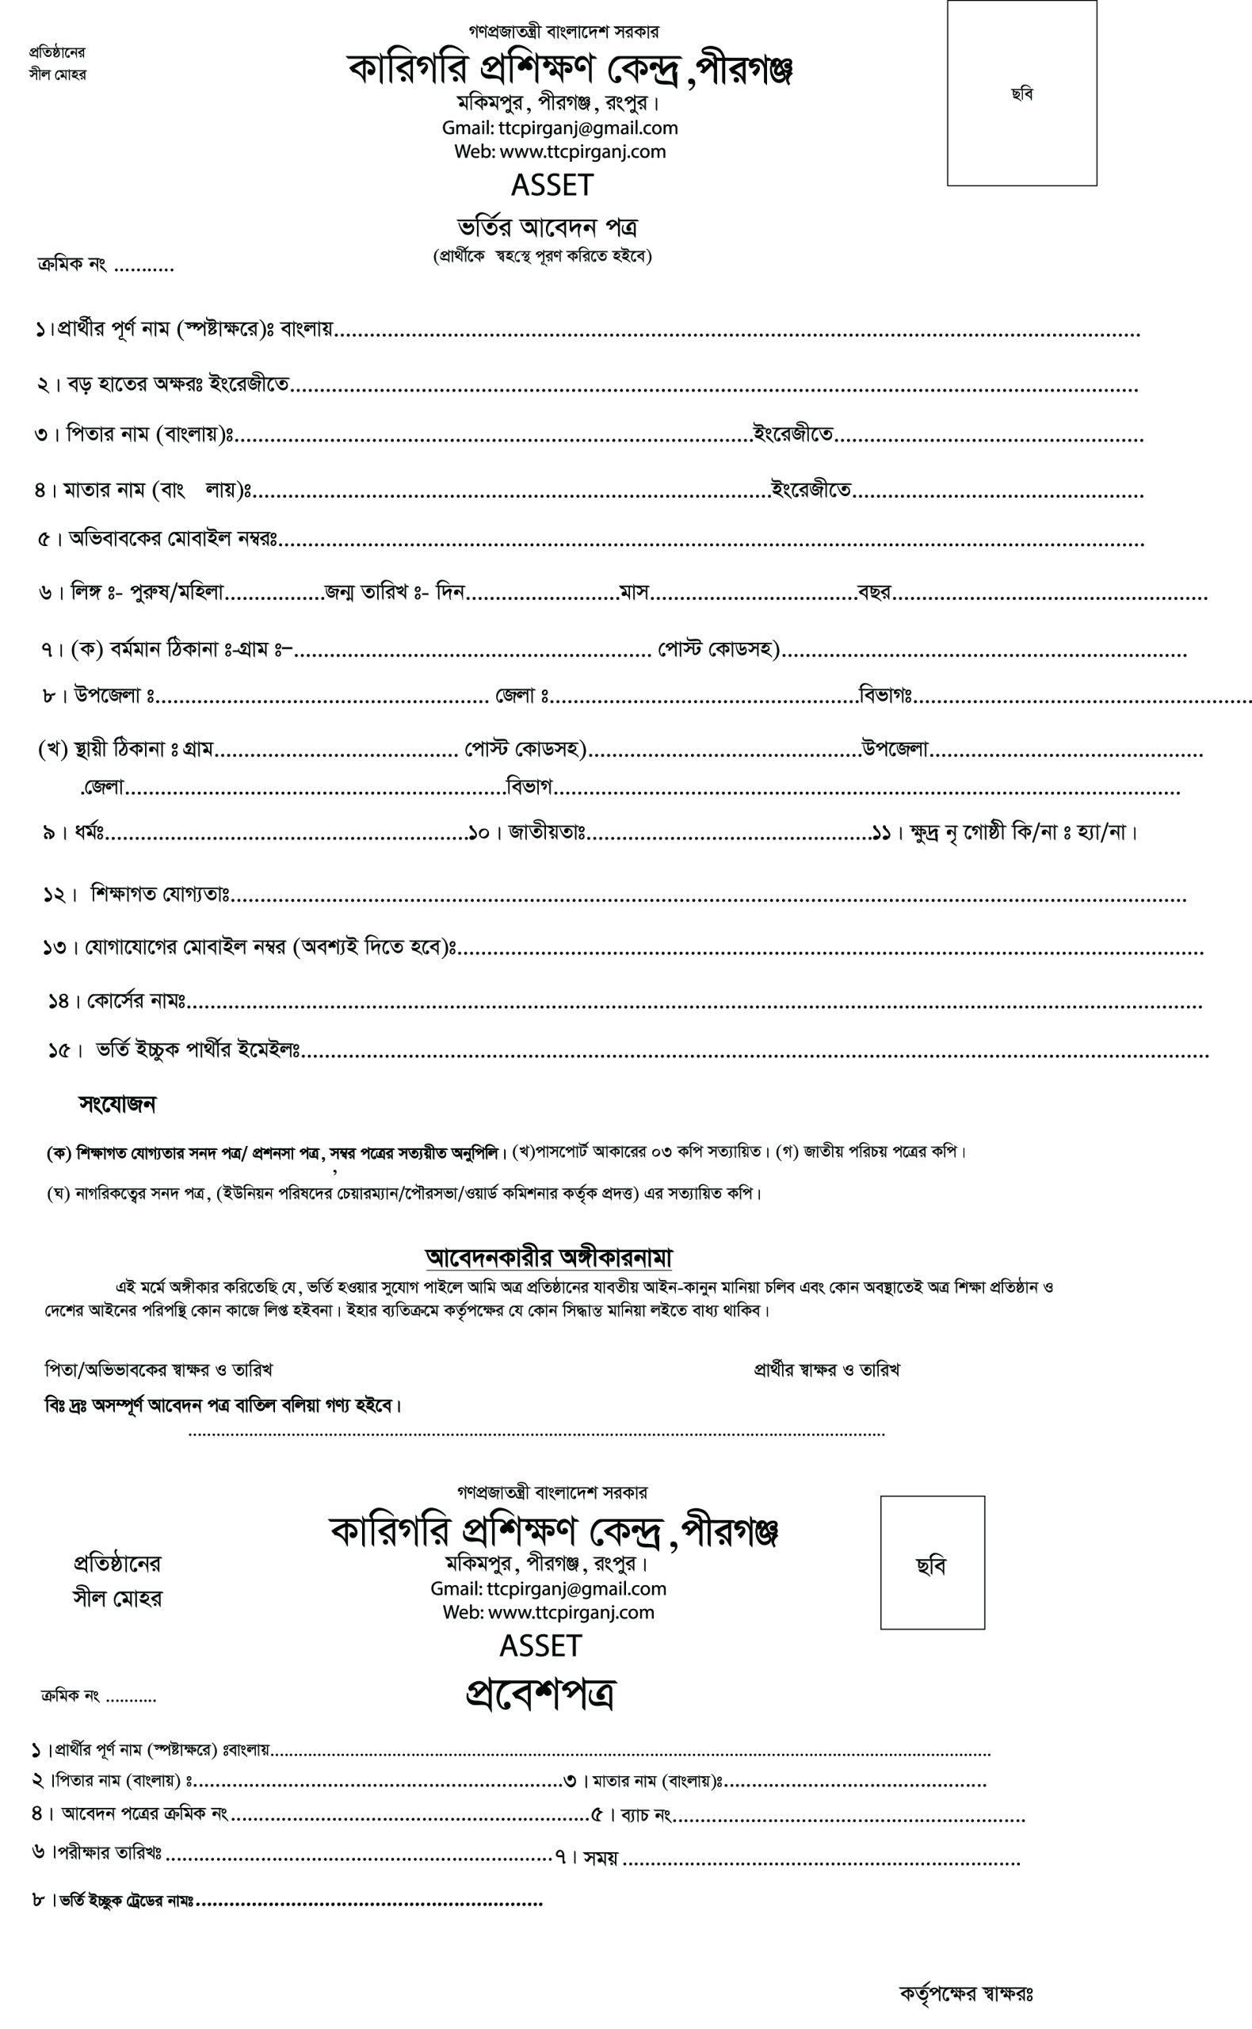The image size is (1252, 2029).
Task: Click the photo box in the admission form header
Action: pos(1021,93)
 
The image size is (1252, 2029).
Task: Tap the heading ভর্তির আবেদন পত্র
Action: pos(548,227)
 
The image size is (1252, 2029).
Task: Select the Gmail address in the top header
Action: pos(559,128)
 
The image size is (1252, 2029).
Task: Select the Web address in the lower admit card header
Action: pos(548,1611)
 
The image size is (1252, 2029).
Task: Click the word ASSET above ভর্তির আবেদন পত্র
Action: pos(552,185)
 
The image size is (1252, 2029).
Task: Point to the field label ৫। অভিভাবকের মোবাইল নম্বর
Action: pos(158,539)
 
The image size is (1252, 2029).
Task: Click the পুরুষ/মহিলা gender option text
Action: pos(177,592)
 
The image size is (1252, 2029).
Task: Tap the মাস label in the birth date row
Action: pos(633,592)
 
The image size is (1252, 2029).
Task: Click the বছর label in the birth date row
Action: pos(873,592)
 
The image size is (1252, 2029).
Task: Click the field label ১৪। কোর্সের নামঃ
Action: pos(116,1001)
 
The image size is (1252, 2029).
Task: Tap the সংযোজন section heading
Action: pos(117,1104)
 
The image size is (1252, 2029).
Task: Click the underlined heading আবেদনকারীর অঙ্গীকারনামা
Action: pos(548,1257)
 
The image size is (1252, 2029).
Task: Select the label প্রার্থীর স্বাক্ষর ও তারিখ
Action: pos(826,1370)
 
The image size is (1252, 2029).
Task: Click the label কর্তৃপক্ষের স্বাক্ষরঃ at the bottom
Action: pos(965,1993)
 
